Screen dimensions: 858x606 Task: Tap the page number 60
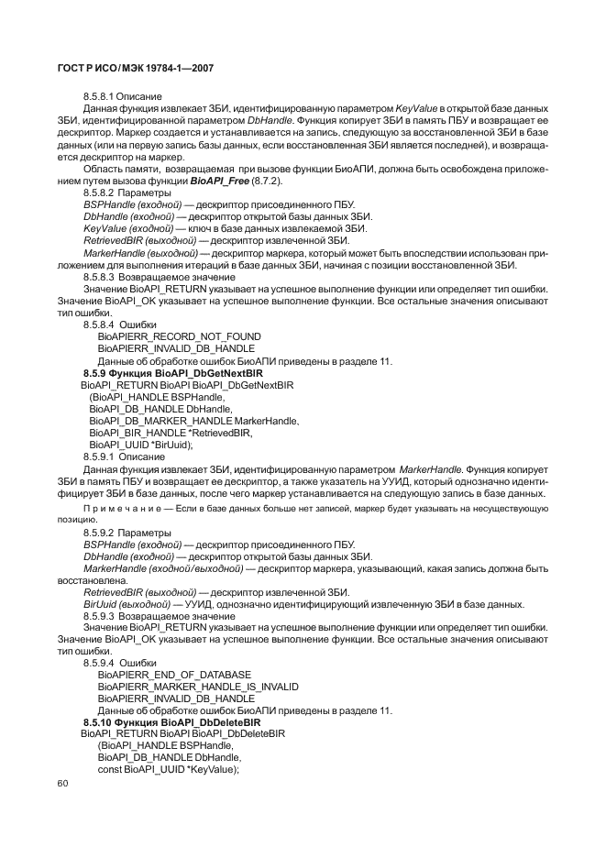63,783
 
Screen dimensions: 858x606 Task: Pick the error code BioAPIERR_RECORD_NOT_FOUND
179,336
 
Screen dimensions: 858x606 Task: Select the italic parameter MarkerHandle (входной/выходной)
163,568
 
